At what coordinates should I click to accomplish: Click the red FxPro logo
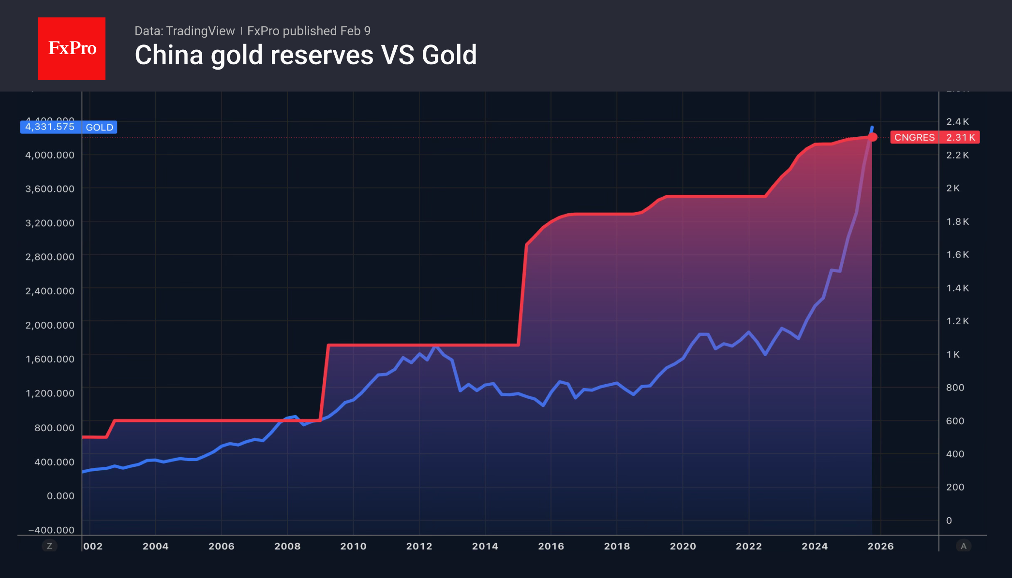click(72, 48)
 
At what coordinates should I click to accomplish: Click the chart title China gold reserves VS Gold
click(306, 55)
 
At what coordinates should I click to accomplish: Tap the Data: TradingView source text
click(184, 31)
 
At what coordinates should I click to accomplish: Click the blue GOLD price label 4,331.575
click(50, 127)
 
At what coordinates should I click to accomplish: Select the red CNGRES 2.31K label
click(935, 137)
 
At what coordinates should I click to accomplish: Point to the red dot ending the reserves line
click(872, 137)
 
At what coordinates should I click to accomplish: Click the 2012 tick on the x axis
click(419, 546)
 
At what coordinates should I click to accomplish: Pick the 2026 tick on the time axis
click(880, 546)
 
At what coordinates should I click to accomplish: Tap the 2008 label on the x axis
click(287, 546)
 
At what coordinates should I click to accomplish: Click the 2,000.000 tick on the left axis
click(50, 325)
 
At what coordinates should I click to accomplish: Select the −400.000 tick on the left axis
click(51, 530)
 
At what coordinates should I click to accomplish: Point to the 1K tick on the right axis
click(953, 354)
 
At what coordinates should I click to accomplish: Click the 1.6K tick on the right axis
click(957, 255)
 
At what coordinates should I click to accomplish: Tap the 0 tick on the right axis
click(949, 520)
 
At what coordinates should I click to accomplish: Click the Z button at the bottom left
click(49, 546)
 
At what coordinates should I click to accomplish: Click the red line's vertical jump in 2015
click(522, 295)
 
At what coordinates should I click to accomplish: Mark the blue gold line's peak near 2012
click(435, 346)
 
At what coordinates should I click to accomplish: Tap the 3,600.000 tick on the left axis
click(50, 188)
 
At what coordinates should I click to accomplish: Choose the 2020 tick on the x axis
click(683, 546)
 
